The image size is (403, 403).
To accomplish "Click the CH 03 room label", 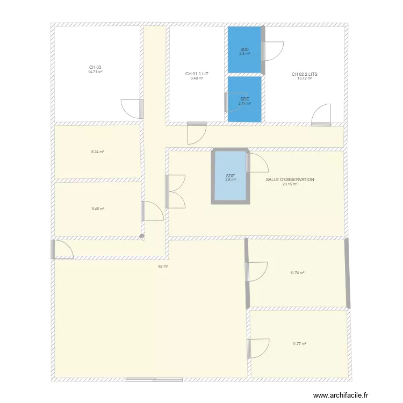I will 96,67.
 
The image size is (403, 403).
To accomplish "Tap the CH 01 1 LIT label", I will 197,74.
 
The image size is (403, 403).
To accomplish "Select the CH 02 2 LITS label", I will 304,74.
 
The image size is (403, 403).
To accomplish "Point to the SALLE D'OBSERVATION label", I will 290,179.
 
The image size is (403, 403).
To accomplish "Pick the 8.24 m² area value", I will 97,152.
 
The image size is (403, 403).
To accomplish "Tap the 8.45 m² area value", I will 98,209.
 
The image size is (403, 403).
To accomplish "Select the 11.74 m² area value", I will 297,273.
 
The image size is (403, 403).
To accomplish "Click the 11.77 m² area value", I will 299,344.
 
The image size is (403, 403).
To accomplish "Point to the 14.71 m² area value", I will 96,71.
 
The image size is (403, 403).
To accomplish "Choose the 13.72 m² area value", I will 304,78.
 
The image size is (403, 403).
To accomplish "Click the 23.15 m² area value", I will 290,184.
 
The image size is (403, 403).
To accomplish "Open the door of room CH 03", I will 132,108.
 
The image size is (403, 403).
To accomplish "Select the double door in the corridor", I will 175,191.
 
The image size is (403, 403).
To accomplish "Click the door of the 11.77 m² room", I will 257,348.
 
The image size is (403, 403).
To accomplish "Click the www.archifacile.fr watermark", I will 342,395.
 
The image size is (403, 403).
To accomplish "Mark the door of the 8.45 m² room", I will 152,211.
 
